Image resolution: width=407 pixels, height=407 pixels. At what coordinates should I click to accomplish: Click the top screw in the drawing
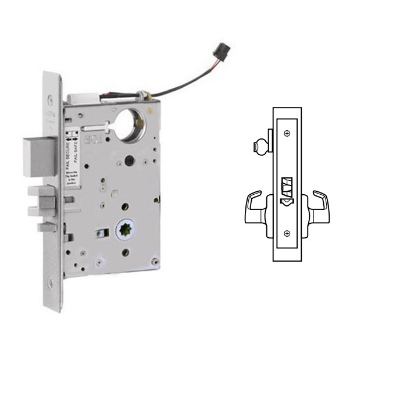pyautogui.click(x=287, y=133)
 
